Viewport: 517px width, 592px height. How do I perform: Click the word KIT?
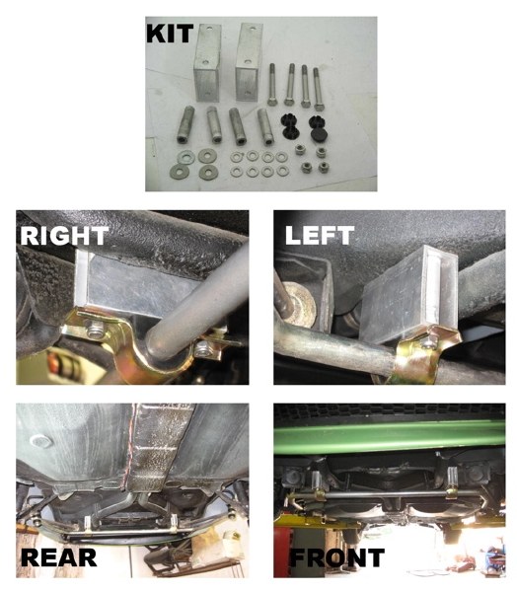click(170, 33)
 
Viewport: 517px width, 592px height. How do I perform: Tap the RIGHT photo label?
click(64, 236)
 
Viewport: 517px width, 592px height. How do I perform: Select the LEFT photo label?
click(320, 235)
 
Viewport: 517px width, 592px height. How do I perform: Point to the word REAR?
click(59, 557)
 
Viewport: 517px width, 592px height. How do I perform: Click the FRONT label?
click(337, 557)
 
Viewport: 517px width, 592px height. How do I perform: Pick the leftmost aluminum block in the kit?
click(207, 63)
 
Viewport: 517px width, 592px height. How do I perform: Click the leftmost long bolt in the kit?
click(272, 85)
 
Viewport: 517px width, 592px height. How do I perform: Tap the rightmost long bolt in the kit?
click(318, 89)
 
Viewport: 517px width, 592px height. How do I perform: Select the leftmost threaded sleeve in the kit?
click(185, 124)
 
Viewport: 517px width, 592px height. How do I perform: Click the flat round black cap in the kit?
click(319, 134)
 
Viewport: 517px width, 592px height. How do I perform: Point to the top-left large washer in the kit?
click(185, 157)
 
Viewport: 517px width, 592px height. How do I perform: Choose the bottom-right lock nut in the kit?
click(323, 167)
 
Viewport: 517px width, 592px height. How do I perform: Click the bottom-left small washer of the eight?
click(237, 172)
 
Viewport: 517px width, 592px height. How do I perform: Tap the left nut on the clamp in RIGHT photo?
click(96, 329)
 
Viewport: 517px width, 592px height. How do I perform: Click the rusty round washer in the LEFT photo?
click(300, 300)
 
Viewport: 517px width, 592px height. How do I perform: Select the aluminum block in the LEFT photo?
click(407, 294)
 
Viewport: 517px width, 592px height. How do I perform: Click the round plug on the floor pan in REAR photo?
click(40, 441)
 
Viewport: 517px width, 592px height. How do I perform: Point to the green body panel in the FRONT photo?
click(390, 437)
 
